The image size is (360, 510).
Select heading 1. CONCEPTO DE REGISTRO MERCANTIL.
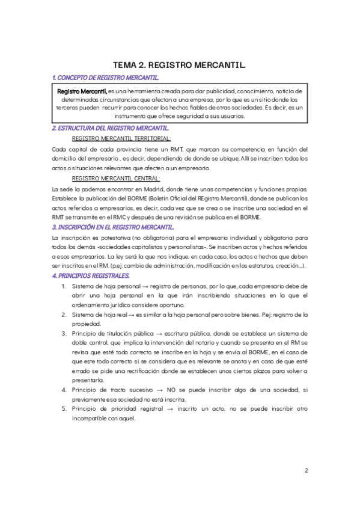point(105,78)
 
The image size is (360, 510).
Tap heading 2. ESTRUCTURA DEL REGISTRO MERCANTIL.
point(111,128)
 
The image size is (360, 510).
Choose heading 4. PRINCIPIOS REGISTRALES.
point(91,275)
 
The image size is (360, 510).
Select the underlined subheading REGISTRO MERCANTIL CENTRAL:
point(116,179)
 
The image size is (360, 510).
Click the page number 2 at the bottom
point(306,470)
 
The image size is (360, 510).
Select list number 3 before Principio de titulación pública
point(64,333)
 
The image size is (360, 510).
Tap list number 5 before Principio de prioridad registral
point(64,409)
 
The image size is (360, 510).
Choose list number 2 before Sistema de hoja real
point(64,315)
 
